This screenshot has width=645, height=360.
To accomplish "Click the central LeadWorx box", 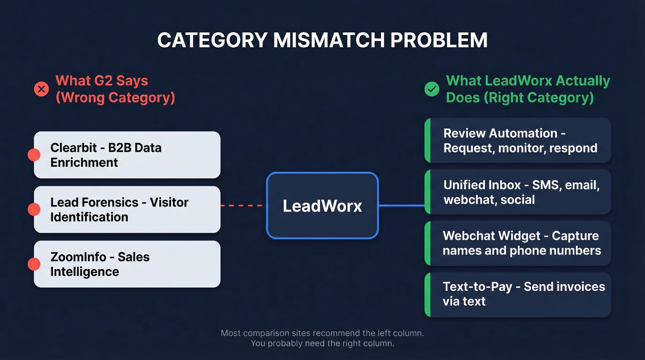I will pos(322,206).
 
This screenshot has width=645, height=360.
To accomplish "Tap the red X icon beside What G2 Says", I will pos(41,89).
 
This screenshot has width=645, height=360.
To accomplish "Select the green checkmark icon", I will pos(432,89).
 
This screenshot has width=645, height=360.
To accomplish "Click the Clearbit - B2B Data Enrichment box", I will pos(127,155).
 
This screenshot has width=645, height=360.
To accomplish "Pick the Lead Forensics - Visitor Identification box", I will pos(127,210).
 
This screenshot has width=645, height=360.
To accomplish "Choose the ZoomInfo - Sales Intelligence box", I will pos(127,264).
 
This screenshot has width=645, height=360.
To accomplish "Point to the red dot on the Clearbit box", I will pos(34,155).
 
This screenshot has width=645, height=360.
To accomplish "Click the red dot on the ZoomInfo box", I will pos(34,264).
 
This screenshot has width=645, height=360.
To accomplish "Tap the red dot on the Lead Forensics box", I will pos(34,210).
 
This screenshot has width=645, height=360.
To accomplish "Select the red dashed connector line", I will pos(243,206).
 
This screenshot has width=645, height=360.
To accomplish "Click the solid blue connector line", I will pos(401,206).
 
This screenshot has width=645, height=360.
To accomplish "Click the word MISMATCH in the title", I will pos(327,41).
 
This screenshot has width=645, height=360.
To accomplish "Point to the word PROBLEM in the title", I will pos(439,41).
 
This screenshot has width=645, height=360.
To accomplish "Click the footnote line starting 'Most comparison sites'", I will pos(322,333).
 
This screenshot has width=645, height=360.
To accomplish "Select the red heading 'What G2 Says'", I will pos(102,81).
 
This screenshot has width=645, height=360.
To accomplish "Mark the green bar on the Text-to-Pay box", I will pos(427,294).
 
